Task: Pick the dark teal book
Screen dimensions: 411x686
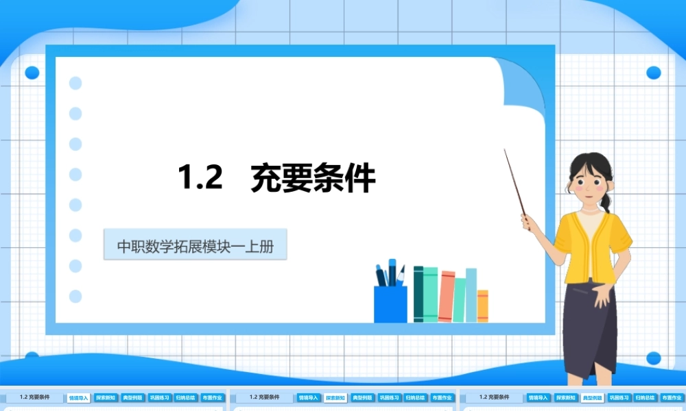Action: pyautogui.click(x=418, y=295)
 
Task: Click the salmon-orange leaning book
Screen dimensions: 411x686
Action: pyautogui.click(x=447, y=297)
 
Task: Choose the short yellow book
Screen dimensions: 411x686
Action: pyautogui.click(x=482, y=306)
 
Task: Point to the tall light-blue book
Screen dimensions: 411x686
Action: pyautogui.click(x=471, y=295)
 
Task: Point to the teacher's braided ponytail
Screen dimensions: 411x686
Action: pyautogui.click(x=606, y=201)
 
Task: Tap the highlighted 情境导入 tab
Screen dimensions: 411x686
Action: pyautogui.click(x=78, y=397)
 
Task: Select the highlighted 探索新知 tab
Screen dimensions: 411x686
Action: pyautogui.click(x=335, y=397)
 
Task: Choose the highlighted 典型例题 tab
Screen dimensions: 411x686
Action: pyautogui.click(x=591, y=397)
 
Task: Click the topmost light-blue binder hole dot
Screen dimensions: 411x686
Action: pyautogui.click(x=75, y=83)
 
